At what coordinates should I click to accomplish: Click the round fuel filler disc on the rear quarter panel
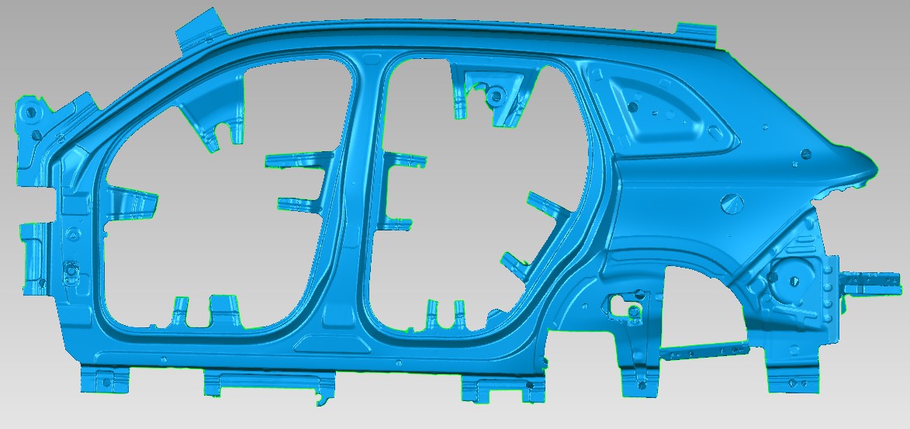point(732,203)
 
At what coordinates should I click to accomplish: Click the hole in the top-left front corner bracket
point(30,110)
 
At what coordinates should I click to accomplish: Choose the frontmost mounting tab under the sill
point(103,379)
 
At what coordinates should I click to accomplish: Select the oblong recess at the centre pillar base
point(333,342)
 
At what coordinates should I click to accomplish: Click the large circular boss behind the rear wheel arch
point(790,276)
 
